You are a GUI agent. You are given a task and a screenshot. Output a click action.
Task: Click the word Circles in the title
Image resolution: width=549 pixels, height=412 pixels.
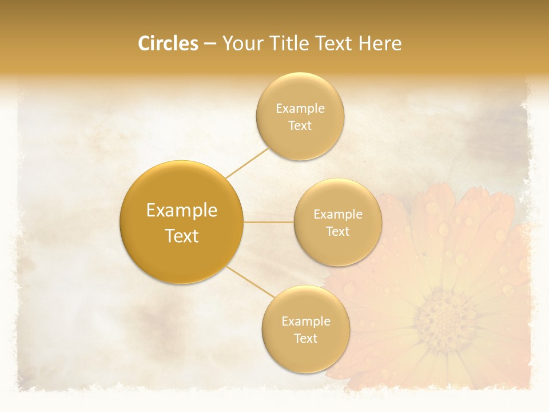pos(168,43)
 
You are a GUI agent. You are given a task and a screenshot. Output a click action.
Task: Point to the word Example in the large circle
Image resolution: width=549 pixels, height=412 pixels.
pos(181,211)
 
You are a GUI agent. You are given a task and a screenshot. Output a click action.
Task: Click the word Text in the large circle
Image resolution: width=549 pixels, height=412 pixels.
pos(181,236)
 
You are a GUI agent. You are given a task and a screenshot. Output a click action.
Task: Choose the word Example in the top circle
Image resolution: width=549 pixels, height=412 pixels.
pos(300,109)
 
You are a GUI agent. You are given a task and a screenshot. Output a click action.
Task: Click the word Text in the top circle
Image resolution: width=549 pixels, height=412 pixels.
pos(300,126)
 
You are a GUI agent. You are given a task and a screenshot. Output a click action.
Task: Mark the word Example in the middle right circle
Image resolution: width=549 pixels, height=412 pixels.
pos(337,215)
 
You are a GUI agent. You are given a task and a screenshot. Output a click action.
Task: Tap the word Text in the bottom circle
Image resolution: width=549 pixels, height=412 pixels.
pos(305,339)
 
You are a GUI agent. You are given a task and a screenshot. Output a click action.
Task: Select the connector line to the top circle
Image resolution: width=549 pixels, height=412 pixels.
pos(247,163)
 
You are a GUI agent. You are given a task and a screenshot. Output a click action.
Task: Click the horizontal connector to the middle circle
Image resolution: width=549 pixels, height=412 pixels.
pos(268,221)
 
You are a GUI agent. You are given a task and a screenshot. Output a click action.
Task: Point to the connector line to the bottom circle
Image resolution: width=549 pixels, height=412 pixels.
pos(250,282)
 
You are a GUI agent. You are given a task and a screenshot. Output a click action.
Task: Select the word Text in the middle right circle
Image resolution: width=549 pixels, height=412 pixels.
pos(337,232)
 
